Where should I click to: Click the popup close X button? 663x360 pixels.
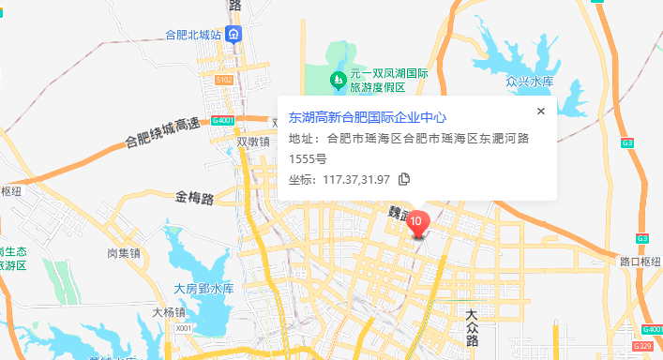click(540, 112)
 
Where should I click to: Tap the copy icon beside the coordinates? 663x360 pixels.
click(404, 179)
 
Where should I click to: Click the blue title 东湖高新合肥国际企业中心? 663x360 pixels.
click(367, 118)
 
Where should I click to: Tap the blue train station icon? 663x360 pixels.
click(234, 35)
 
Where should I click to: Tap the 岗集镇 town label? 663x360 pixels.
click(123, 253)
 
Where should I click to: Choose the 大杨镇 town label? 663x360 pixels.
click(169, 311)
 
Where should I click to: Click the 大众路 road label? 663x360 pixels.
click(472, 322)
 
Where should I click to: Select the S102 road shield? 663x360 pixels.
click(223, 82)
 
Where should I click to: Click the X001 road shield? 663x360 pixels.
click(184, 328)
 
